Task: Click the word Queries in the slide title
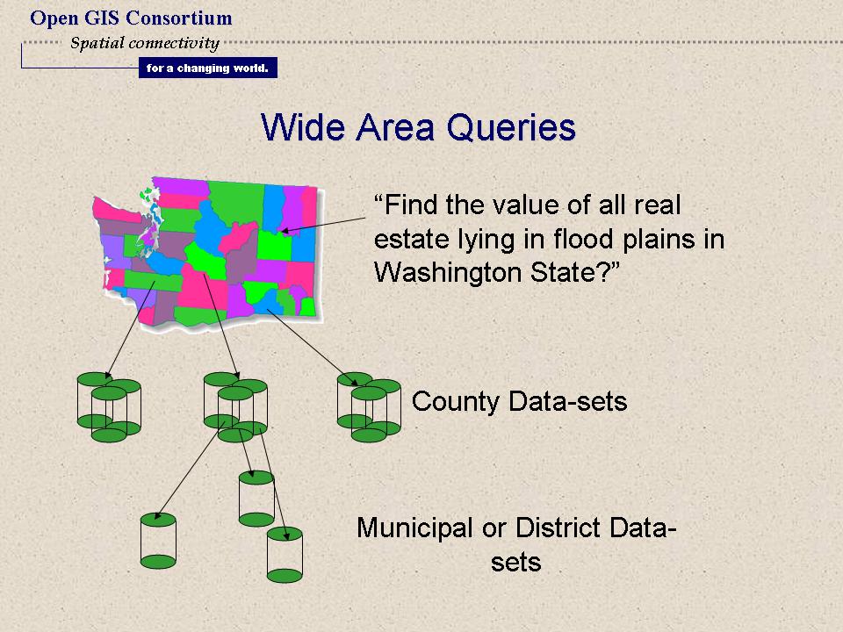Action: coord(511,128)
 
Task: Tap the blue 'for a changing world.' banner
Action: coord(208,68)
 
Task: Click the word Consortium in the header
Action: coord(179,18)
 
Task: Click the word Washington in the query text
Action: coord(449,273)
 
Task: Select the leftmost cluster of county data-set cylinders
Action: coord(109,406)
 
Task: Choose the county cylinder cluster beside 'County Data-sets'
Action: coord(369,406)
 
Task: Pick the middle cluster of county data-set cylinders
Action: coord(235,406)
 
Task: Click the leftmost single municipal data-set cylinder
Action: coord(158,541)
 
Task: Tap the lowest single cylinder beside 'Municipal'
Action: coord(285,555)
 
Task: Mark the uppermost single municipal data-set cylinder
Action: coord(256,499)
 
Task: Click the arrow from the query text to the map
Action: coord(324,226)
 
